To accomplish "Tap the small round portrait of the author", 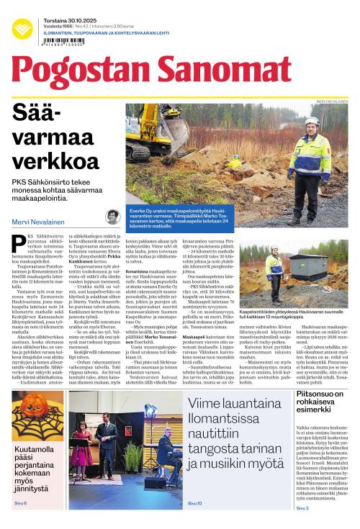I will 113,217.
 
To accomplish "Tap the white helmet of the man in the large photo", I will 312,121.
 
